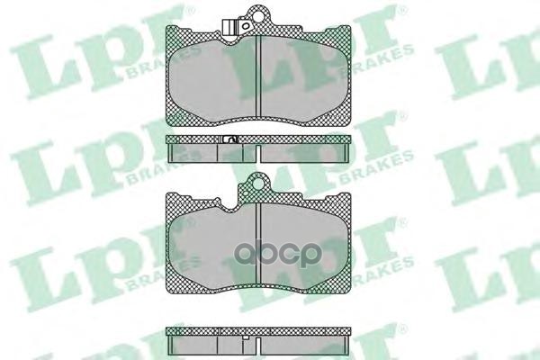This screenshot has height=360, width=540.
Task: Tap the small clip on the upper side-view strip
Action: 229,139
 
